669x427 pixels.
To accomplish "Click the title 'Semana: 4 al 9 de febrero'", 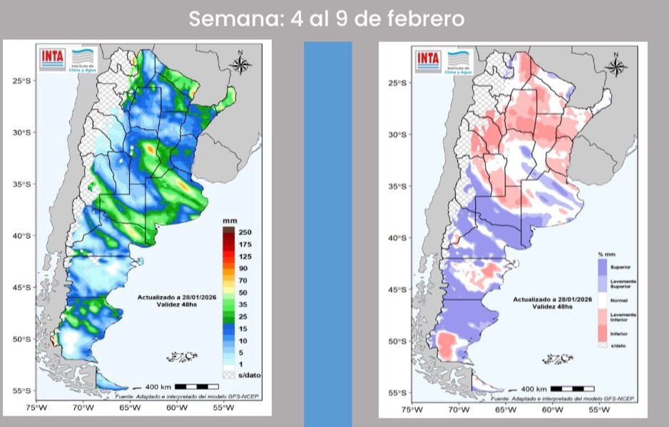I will coord(327,19).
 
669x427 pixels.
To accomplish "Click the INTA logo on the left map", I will coord(53,58).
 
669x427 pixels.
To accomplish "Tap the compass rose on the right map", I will coord(616,66).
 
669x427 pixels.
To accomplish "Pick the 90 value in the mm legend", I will coord(243,268).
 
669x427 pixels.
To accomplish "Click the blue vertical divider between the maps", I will coord(327,235).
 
